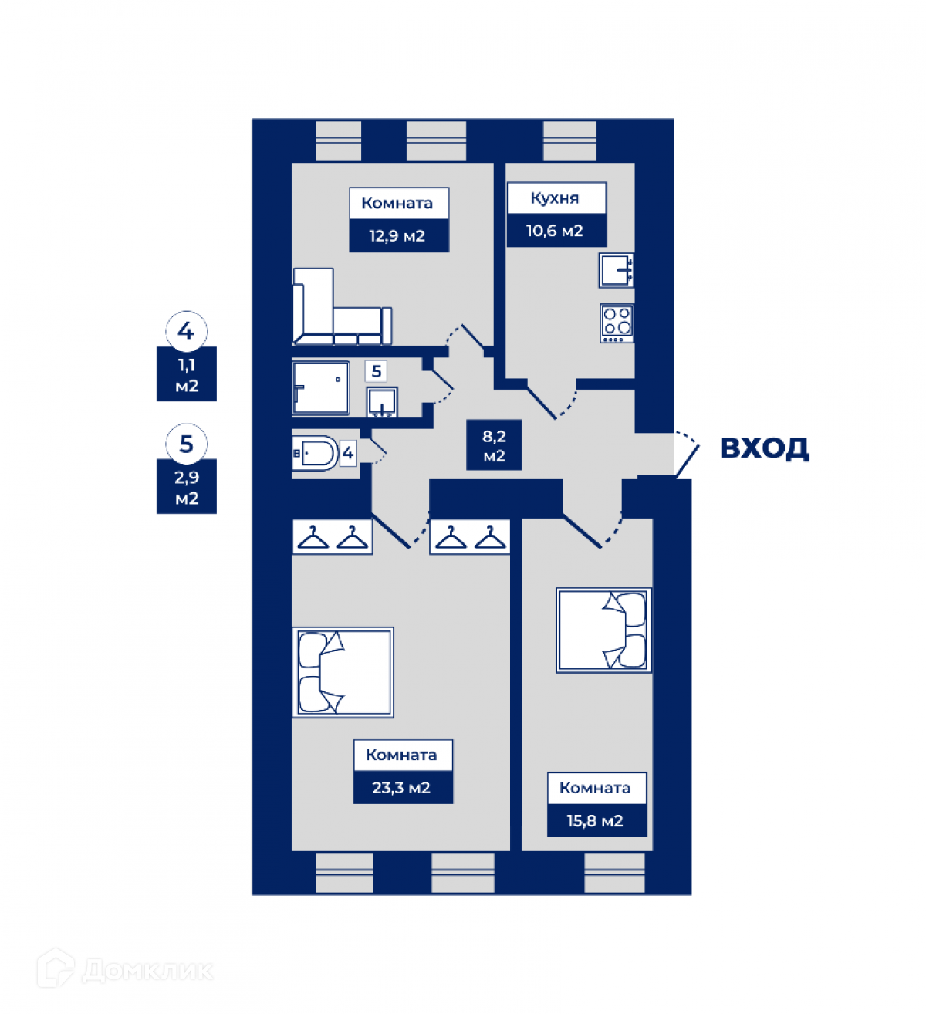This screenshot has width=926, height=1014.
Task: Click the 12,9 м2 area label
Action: [x=398, y=236]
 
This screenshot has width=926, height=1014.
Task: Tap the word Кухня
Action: [x=555, y=198]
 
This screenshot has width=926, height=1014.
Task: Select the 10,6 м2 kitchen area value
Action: [x=555, y=231]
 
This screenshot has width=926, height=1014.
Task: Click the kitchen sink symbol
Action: [x=617, y=270]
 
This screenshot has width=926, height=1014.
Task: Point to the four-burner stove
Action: [x=617, y=323]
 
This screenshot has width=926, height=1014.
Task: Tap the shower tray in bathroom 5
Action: [x=320, y=387]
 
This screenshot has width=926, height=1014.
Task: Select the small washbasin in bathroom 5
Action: [x=382, y=402]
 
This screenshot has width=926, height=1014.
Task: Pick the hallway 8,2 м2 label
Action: [x=494, y=446]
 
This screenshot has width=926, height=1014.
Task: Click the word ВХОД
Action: [x=764, y=448]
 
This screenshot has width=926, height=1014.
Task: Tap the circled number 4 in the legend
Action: [x=186, y=331]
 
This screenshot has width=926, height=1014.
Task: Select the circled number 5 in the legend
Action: [x=186, y=444]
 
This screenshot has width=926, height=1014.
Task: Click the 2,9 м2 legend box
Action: [x=187, y=488]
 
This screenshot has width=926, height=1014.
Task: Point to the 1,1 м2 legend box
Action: [x=187, y=375]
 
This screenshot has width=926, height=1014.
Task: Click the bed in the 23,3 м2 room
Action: [x=343, y=672]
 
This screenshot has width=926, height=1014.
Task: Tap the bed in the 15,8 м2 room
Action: [x=604, y=630]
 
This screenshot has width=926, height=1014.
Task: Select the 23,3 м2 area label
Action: [x=403, y=788]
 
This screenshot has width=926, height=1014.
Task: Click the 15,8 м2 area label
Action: [x=596, y=820]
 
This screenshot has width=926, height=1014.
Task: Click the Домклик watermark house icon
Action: [x=56, y=968]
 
